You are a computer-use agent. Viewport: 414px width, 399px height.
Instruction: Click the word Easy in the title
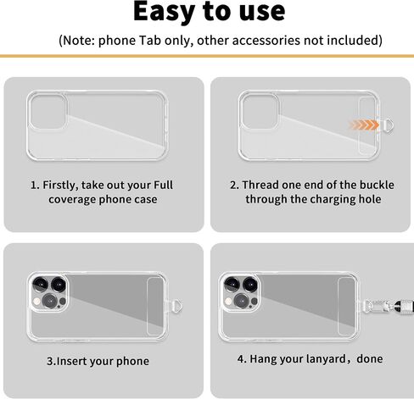tap(165, 12)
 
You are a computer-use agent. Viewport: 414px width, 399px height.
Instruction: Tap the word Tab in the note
tap(149, 40)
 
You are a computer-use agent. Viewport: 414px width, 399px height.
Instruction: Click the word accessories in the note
tap(266, 40)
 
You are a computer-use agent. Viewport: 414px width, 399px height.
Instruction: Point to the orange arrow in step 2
tap(364, 125)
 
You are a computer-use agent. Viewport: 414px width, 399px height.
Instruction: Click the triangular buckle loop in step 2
tap(387, 125)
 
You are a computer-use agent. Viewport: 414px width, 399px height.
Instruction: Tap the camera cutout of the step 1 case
tap(48, 112)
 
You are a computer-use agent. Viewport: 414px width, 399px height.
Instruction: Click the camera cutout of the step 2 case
tap(260, 112)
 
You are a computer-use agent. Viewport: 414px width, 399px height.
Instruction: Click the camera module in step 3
tap(48, 292)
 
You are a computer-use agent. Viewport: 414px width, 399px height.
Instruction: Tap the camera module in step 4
tap(240, 292)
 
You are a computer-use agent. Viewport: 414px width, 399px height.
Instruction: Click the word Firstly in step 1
tap(60, 186)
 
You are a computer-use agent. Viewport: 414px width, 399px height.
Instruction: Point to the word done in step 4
tap(370, 359)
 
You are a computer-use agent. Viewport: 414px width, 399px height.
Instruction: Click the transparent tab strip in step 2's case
tap(367, 125)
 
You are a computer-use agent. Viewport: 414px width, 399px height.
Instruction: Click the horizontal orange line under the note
tap(207, 56)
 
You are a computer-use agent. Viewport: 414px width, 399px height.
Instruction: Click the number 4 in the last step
tap(241, 359)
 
